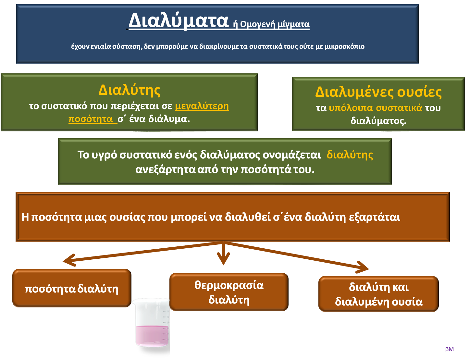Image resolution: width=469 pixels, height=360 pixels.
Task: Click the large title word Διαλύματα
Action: [178, 21]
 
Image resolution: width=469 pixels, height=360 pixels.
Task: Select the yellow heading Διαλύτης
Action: [129, 90]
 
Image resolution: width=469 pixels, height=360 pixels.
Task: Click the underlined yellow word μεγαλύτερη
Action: [202, 106]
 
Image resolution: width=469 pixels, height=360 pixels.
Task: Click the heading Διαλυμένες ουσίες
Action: [378, 92]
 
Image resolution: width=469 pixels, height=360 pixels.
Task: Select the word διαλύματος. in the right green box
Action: [378, 121]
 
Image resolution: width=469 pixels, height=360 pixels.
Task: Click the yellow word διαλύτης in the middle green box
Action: [350, 155]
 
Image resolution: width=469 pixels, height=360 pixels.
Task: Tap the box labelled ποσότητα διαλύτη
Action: [72, 288]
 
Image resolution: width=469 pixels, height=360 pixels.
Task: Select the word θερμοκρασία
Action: [229, 285]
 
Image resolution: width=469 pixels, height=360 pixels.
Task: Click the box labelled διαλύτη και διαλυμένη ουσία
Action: [378, 294]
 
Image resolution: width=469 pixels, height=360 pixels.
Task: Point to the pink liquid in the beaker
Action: [152, 335]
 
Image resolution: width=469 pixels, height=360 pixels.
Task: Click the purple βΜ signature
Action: [449, 349]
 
